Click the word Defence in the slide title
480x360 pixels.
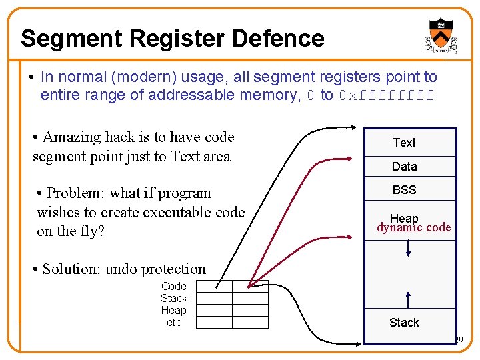[x=278, y=39]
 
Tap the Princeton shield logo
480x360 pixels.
[x=441, y=35]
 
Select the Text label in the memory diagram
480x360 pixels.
[x=404, y=143]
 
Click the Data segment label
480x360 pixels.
[x=404, y=167]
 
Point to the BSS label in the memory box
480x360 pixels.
[x=404, y=190]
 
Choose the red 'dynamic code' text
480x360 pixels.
[x=413, y=228]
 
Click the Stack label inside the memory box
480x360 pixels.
[x=404, y=323]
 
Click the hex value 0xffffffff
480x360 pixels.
[x=386, y=95]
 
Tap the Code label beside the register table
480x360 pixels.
[x=174, y=287]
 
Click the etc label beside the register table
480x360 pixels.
[x=174, y=323]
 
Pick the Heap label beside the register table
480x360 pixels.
[x=174, y=311]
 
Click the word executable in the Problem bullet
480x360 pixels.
[x=167, y=213]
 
